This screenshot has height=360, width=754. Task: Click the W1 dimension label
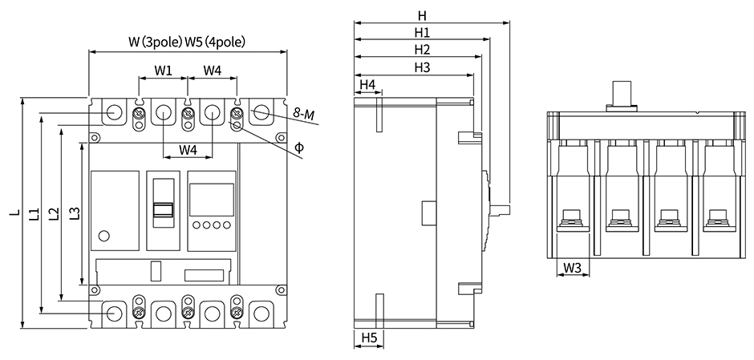pos(164,71)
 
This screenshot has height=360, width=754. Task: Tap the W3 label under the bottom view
pos(573,267)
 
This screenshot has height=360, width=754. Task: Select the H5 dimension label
pos(368,337)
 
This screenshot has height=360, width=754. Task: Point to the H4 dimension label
pos(367,84)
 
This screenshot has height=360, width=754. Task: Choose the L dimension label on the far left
pos(14,213)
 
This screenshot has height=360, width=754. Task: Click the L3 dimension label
pos(74,213)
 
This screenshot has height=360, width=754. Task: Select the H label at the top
pos(422,15)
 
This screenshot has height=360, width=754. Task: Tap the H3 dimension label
pos(422,67)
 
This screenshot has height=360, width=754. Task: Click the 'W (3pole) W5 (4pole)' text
pos(187,42)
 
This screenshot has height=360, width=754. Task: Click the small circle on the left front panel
pos(103,235)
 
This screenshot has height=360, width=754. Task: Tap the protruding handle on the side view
pos(500,208)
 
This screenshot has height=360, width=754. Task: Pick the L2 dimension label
pos(53,213)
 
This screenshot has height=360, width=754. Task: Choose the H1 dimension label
pos(422,33)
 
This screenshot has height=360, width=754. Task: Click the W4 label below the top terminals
pos(188,149)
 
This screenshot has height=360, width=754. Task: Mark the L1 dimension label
pos(34,213)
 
